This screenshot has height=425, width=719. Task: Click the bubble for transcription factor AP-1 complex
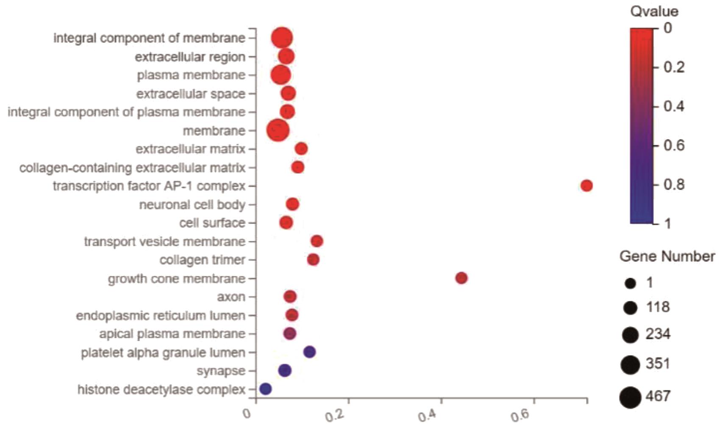(x=586, y=185)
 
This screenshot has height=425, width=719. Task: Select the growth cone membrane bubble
(x=461, y=278)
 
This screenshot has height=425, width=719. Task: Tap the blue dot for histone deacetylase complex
(x=265, y=389)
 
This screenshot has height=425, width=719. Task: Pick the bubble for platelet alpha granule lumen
(x=310, y=352)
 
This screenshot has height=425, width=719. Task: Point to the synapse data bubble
(x=285, y=370)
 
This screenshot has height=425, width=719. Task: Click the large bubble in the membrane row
(x=278, y=130)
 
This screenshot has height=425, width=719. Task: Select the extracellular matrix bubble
(x=301, y=149)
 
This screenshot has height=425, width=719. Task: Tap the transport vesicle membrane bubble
(x=317, y=241)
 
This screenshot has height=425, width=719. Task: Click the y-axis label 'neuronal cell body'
(x=192, y=204)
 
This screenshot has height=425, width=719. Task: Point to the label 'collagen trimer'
(x=202, y=260)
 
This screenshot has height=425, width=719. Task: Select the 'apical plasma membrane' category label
(x=172, y=334)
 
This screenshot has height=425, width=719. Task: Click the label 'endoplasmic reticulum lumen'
(x=160, y=315)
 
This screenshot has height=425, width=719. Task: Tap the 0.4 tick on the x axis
(x=427, y=415)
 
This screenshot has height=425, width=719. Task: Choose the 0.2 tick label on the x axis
(x=334, y=415)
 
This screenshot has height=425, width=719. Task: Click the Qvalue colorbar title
(x=654, y=11)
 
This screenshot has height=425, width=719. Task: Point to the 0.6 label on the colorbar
(x=674, y=145)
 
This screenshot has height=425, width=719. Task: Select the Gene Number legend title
(x=667, y=257)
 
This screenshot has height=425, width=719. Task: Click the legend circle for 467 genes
(x=630, y=397)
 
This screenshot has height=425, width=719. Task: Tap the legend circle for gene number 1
(x=630, y=283)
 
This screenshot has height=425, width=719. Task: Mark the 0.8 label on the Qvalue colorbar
(x=674, y=185)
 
